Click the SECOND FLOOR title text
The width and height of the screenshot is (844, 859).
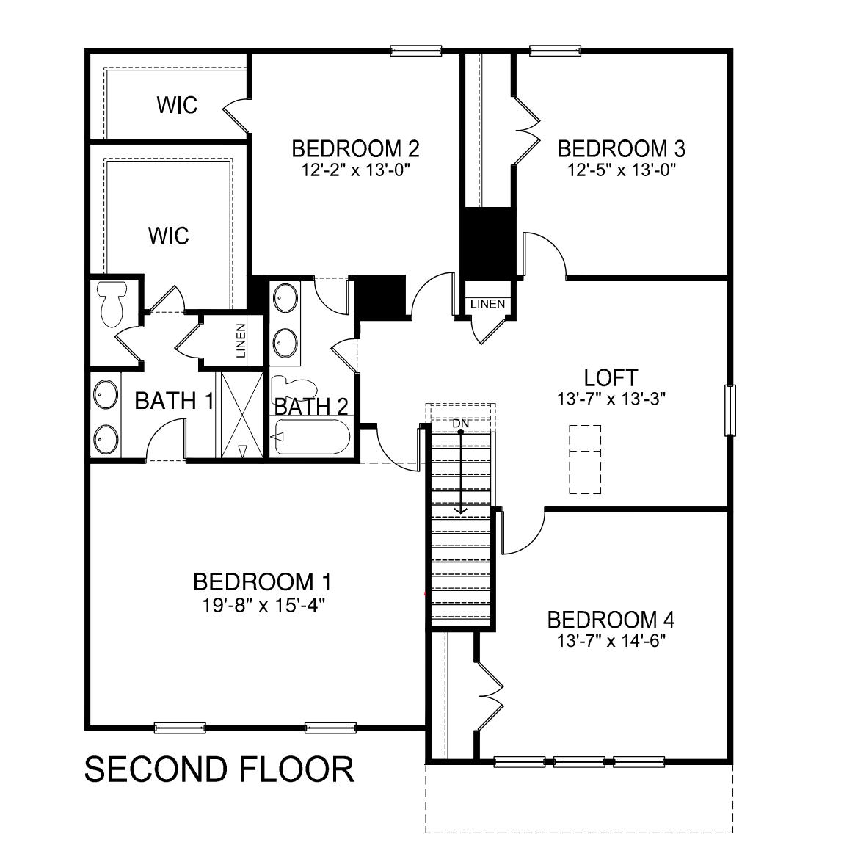[219, 769]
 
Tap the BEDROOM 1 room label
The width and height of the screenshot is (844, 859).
[261, 582]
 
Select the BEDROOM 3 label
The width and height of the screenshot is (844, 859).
[621, 149]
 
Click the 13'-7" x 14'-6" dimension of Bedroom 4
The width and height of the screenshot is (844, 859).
[611, 641]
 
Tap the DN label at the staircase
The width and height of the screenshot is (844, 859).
[460, 424]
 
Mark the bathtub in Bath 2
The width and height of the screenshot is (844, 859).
[311, 438]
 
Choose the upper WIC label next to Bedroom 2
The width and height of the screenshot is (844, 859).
[177, 105]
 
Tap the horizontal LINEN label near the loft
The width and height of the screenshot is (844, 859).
[487, 304]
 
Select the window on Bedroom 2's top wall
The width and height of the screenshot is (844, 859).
[416, 51]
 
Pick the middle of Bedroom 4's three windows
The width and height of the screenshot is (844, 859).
[579, 762]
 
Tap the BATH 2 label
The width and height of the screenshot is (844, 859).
[311, 406]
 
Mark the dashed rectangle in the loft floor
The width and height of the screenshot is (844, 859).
[586, 460]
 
